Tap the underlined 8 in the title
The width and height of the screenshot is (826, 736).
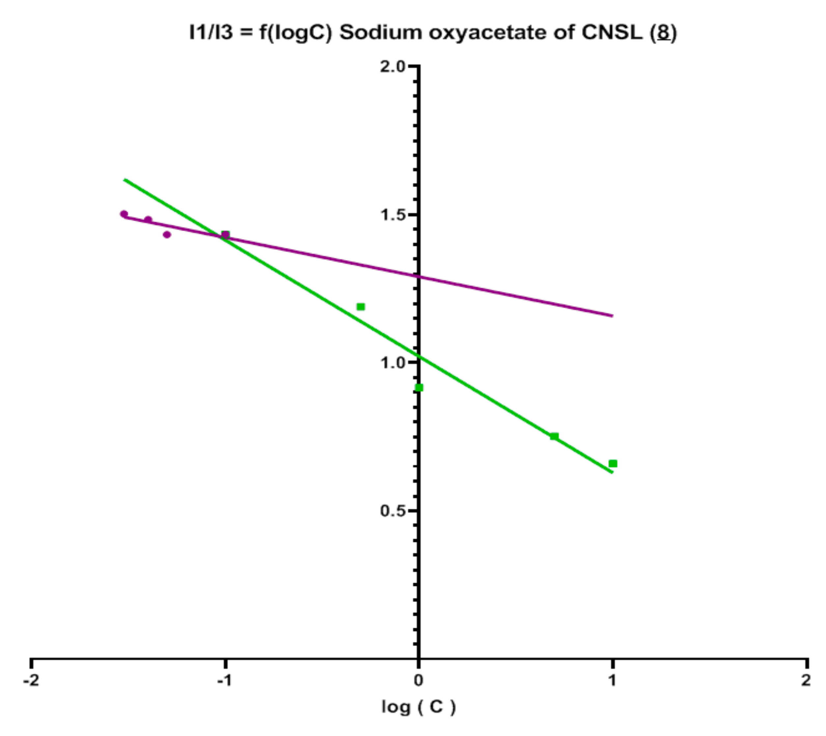(x=663, y=32)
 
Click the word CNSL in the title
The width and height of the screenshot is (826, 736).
(x=611, y=32)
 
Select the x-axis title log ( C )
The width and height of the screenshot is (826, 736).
(x=419, y=707)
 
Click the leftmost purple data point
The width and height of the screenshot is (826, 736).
(x=124, y=214)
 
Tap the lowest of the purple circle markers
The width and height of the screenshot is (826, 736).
(x=167, y=235)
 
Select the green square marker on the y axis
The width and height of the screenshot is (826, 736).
(x=419, y=387)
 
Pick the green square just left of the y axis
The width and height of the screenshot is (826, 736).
(x=361, y=307)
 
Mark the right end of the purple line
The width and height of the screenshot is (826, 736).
(x=613, y=316)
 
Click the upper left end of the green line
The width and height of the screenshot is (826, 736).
(x=124, y=179)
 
